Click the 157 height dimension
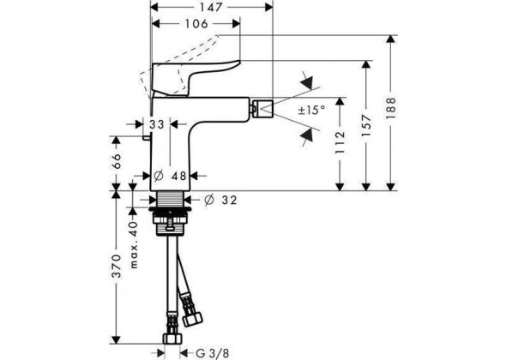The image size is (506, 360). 368,124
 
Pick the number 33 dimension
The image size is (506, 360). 157,125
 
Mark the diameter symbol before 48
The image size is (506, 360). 160,175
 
